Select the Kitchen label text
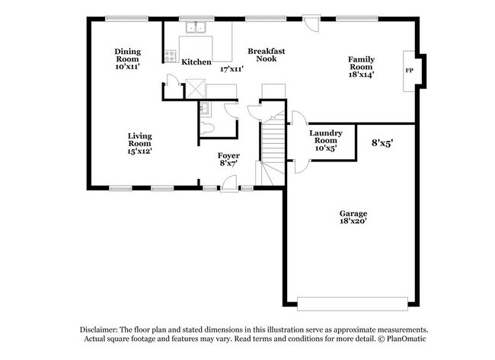click(x=196, y=62)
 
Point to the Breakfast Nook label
click(x=267, y=55)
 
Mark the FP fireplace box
click(x=409, y=71)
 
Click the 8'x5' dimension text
click(x=382, y=142)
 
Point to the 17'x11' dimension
click(x=231, y=68)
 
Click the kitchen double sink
click(x=197, y=29)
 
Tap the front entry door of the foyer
click(x=228, y=183)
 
